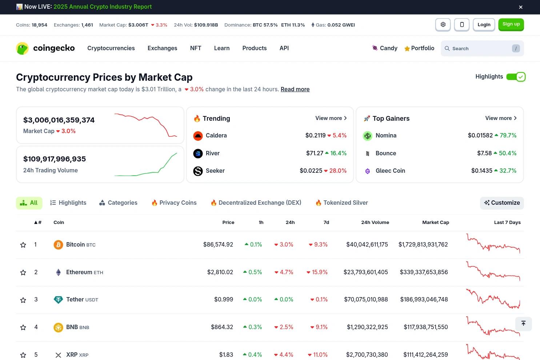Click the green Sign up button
[511, 24]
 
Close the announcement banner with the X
[520, 7]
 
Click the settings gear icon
[443, 24]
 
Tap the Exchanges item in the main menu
[162, 48]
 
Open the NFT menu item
[196, 48]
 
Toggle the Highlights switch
[516, 77]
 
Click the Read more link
[295, 89]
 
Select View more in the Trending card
[331, 118]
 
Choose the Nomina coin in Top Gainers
[386, 136]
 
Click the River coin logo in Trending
[198, 153]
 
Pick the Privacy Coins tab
[174, 203]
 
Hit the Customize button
[502, 203]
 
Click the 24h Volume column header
[375, 222]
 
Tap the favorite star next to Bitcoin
[23, 245]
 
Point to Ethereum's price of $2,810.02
[220, 272]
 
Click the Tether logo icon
[58, 300]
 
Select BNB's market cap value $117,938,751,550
[426, 327]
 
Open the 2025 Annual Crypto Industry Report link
[103, 7]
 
